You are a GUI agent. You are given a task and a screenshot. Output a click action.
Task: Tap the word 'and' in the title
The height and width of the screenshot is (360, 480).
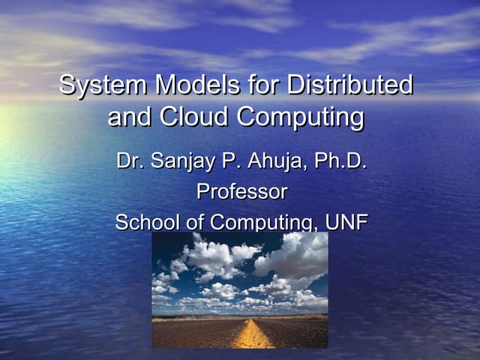tap(128, 118)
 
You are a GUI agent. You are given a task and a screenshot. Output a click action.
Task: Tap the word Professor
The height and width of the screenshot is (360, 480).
tap(241, 192)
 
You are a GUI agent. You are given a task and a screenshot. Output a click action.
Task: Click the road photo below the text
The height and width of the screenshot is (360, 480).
tap(240, 300)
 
